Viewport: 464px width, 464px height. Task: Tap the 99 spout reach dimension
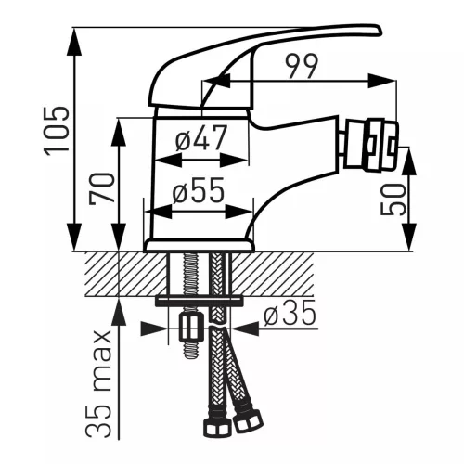pos(302,67)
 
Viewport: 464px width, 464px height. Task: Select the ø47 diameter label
pos(201,137)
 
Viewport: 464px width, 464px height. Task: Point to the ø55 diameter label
pos(198,190)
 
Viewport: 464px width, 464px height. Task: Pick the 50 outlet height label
pos(393,200)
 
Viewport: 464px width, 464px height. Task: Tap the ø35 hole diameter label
pos(290,313)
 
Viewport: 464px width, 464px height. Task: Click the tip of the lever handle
pos(380,31)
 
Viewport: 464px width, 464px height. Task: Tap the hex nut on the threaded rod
pos(191,327)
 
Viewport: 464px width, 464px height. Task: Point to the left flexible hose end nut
pos(217,428)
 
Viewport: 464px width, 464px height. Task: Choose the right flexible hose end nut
pos(249,421)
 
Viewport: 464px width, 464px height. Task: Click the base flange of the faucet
pos(200,245)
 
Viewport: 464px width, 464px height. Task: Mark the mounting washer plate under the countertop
pos(199,302)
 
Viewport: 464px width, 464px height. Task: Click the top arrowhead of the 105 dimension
pos(75,40)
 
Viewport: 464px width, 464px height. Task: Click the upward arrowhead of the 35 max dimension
pos(120,311)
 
